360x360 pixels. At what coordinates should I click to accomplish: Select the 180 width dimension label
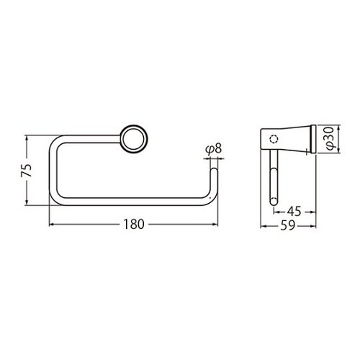point(133,224)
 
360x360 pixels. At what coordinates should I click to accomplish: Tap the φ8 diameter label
point(212,149)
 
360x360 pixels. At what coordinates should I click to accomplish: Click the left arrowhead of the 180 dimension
point(53,224)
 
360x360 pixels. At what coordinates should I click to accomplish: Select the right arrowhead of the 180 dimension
point(214,224)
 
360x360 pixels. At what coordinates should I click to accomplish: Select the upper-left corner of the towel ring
point(56,138)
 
